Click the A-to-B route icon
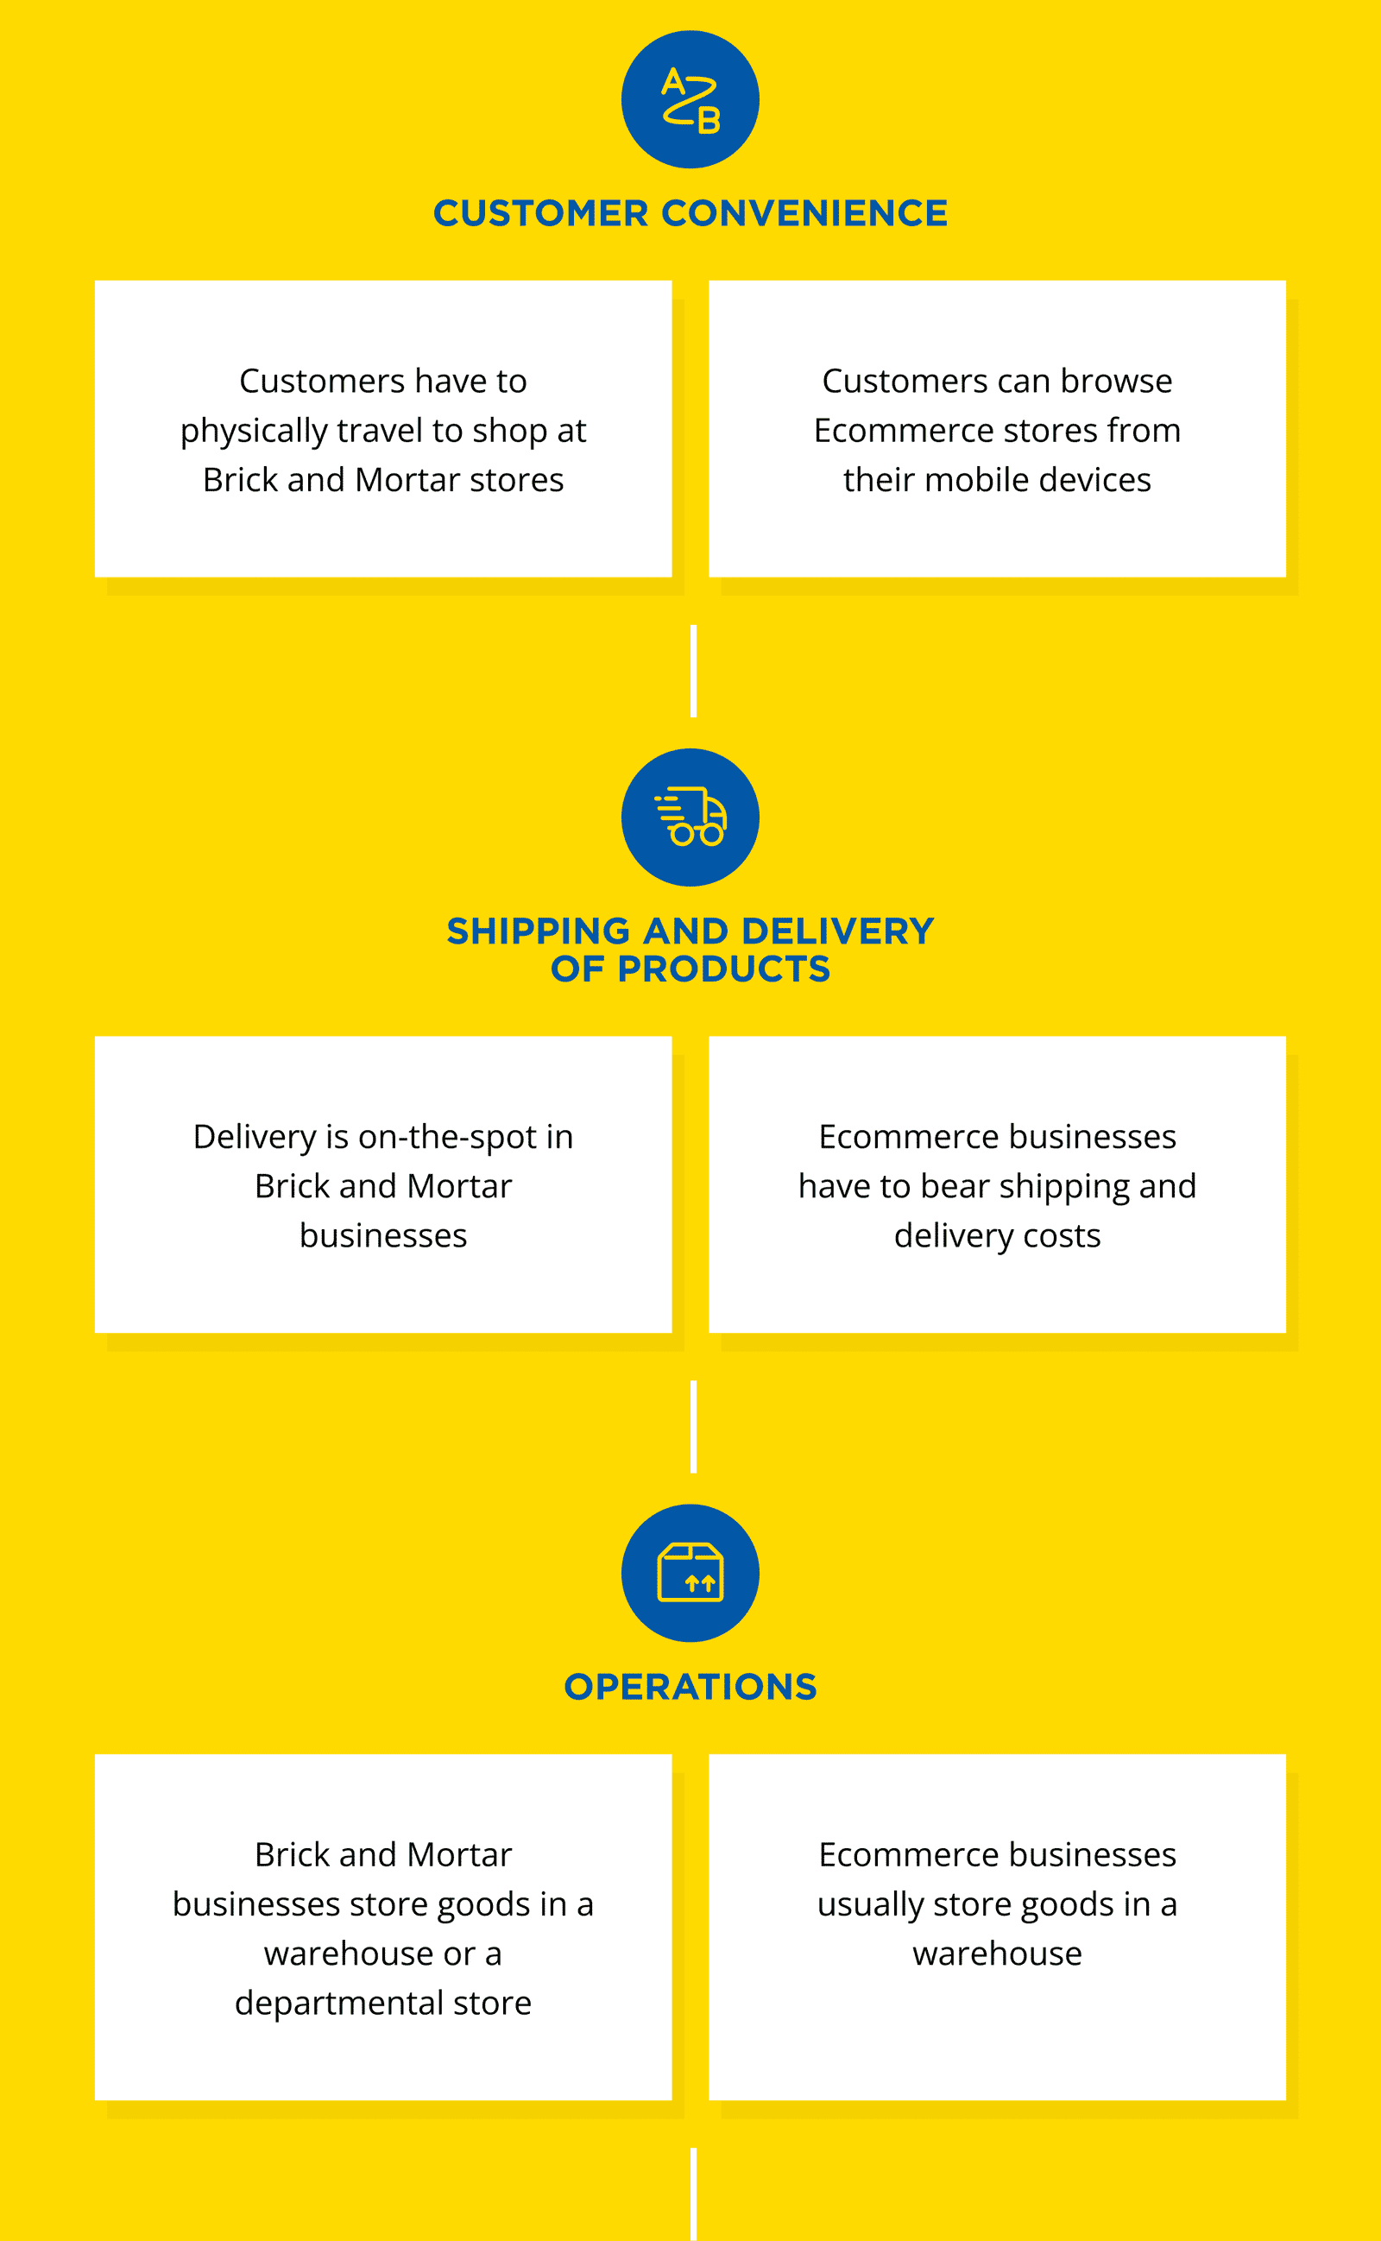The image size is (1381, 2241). [x=690, y=99]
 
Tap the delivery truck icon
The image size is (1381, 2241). [x=690, y=817]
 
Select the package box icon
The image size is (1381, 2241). [x=690, y=1573]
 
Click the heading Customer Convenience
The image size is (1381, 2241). [x=690, y=214]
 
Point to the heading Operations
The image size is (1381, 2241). [x=690, y=1687]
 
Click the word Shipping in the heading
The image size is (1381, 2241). [x=538, y=931]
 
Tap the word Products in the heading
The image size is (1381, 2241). [x=723, y=969]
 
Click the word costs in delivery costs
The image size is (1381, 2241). [x=1062, y=1235]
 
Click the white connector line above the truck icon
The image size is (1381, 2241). [x=694, y=672]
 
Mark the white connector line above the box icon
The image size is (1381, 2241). [x=694, y=1426]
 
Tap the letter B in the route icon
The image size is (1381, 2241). [x=709, y=121]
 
